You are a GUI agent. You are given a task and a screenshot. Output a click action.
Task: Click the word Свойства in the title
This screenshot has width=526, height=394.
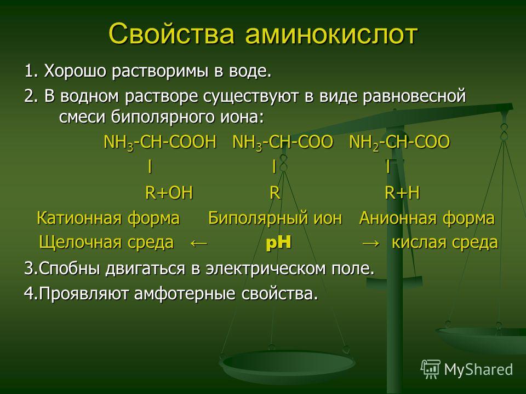pyautogui.click(x=171, y=34)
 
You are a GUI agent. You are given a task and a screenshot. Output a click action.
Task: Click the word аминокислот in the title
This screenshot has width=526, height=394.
pyautogui.click(x=331, y=34)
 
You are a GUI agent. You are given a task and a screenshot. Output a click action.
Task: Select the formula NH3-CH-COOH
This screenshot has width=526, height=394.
pyautogui.click(x=160, y=142)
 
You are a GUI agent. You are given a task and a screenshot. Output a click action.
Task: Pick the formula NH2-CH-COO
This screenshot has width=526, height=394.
pyautogui.click(x=399, y=142)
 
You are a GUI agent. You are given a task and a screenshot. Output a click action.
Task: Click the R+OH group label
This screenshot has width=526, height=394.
pyautogui.click(x=169, y=193)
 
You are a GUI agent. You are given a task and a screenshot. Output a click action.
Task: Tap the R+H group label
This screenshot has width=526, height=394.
pyautogui.click(x=402, y=193)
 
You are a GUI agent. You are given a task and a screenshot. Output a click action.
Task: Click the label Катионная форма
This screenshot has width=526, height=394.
pyautogui.click(x=108, y=218)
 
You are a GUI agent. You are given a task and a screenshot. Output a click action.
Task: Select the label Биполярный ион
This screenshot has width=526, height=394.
pyautogui.click(x=275, y=218)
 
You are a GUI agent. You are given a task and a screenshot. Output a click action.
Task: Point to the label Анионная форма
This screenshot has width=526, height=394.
pyautogui.click(x=427, y=218)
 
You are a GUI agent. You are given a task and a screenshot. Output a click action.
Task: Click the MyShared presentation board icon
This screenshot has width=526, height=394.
pyautogui.click(x=431, y=369)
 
